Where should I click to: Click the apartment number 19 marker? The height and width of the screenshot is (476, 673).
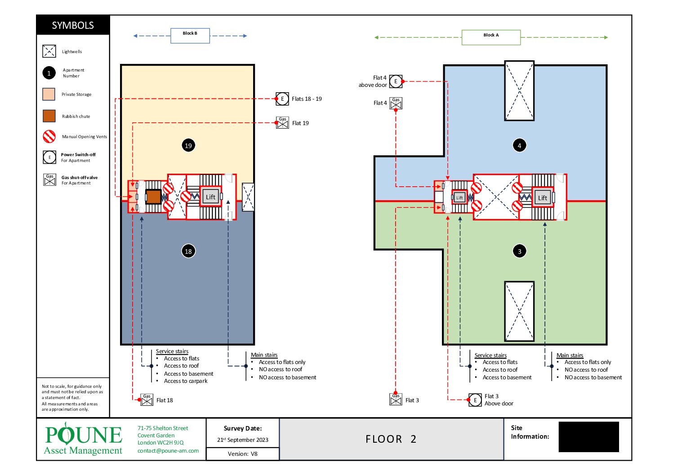point(188,145)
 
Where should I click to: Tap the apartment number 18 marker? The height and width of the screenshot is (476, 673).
point(188,251)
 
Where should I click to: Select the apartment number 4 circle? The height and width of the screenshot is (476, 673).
point(519,145)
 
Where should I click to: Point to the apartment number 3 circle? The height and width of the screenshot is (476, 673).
point(519,251)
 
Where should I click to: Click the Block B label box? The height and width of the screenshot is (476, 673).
point(190,36)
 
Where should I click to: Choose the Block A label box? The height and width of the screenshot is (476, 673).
point(491,37)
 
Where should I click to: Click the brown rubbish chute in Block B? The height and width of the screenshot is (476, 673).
point(154,197)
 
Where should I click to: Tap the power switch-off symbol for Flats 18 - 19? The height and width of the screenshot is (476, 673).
point(282,99)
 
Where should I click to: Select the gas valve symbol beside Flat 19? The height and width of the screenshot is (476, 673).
point(282,123)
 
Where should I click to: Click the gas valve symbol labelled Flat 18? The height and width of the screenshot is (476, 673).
point(147,400)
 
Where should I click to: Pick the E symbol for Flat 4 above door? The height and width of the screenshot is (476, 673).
point(396,81)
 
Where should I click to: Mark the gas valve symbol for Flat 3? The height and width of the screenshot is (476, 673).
point(396,400)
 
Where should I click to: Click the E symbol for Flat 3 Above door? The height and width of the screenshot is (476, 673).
point(475,400)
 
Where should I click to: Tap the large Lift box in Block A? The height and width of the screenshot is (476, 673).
point(542,198)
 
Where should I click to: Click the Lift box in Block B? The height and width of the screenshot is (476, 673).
point(210,197)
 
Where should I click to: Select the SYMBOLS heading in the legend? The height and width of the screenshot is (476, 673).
point(73,25)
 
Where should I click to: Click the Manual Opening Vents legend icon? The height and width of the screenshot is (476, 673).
point(49,136)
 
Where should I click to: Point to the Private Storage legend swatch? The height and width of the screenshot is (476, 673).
point(49,94)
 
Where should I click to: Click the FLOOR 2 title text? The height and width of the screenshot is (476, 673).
point(391,439)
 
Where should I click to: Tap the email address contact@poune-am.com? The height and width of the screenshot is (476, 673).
point(168,450)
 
